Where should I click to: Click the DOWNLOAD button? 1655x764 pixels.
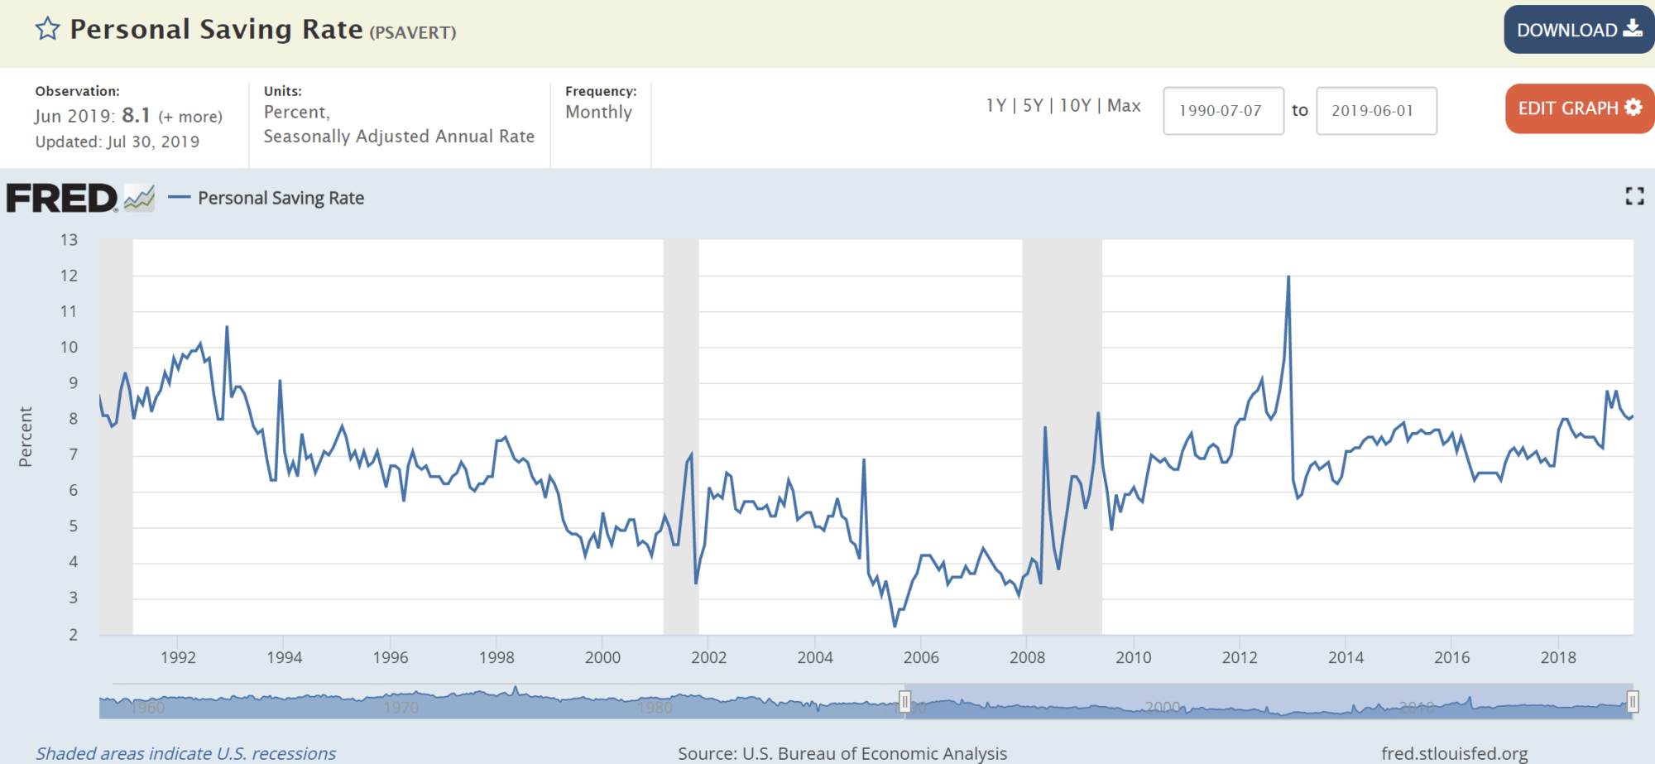pyautogui.click(x=1578, y=30)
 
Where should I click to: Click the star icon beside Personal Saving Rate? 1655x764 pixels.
pyautogui.click(x=48, y=29)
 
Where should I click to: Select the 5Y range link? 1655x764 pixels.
pyautogui.click(x=1033, y=105)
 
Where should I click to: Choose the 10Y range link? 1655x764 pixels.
pyautogui.click(x=1075, y=105)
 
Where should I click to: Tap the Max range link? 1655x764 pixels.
pyautogui.click(x=1124, y=105)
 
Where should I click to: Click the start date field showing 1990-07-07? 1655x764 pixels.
pyautogui.click(x=1222, y=110)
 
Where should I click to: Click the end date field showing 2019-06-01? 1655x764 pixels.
pyautogui.click(x=1375, y=110)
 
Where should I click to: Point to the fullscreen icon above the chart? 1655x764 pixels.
pyautogui.click(x=1634, y=196)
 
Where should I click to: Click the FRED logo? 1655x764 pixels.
pyautogui.click(x=63, y=199)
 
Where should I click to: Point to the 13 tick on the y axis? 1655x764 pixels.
pyautogui.click(x=69, y=240)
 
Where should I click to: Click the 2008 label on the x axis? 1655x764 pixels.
pyautogui.click(x=1027, y=657)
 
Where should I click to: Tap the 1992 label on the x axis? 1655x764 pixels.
pyautogui.click(x=178, y=657)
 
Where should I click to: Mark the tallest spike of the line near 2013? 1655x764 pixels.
pyautogui.click(x=1288, y=277)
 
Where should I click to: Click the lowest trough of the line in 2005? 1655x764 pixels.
pyautogui.click(x=895, y=626)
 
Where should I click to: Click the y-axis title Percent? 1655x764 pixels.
pyautogui.click(x=26, y=436)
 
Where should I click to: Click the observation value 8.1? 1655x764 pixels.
pyautogui.click(x=137, y=115)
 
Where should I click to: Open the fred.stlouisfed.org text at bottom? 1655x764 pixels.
pyautogui.click(x=1454, y=753)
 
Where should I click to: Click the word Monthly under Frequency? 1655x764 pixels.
pyautogui.click(x=598, y=112)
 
